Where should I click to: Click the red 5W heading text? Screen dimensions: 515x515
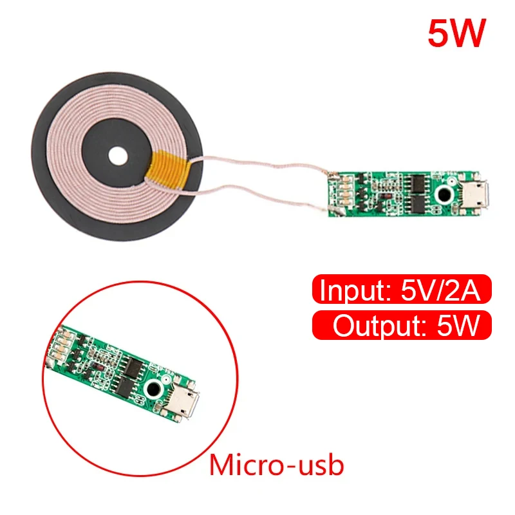tap(455, 34)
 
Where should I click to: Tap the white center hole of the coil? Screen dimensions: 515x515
tap(118, 156)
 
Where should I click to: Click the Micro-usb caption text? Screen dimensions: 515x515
tap(277, 465)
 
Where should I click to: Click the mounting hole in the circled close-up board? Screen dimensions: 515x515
tap(154, 389)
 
